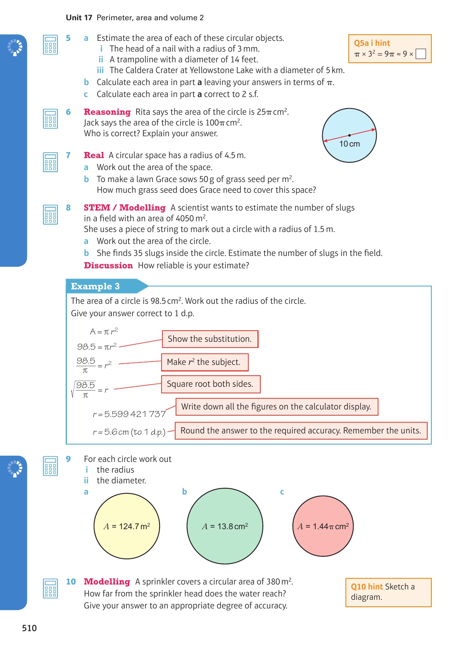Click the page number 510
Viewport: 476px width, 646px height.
29,628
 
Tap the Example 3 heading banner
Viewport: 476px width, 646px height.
95,286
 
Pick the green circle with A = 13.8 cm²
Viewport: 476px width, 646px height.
225,526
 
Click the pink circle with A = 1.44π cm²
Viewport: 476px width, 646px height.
323,526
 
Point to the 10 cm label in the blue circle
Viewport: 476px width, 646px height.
350,144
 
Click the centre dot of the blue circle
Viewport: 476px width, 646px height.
350,135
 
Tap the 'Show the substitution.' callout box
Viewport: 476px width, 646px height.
210,339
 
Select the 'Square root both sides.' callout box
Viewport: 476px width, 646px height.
210,384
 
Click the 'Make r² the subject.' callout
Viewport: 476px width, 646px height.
204,362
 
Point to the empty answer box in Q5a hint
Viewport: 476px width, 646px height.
421,54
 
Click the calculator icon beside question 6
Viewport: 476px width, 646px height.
50,118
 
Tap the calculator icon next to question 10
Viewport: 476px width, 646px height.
50,588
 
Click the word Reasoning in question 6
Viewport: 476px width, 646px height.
107,112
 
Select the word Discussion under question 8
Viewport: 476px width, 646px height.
108,265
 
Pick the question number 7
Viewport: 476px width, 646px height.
68,155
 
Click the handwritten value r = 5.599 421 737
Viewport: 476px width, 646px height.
129,414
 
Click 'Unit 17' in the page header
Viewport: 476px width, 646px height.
79,18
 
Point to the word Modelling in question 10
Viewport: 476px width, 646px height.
107,582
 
